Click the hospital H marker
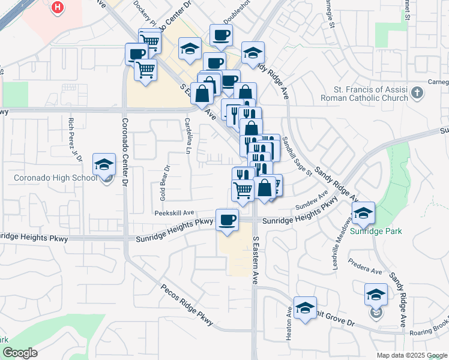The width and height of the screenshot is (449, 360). click(58, 7)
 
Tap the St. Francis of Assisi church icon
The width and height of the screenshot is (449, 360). click(418, 93)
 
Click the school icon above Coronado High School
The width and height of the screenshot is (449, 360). click(104, 164)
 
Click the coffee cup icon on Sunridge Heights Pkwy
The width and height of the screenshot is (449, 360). click(226, 220)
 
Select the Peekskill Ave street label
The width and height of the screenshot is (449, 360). click(174, 212)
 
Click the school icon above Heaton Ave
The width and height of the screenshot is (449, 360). click(306, 308)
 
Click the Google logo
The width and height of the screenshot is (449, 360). click(20, 353)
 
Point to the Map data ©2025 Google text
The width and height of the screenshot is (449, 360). click(411, 355)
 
